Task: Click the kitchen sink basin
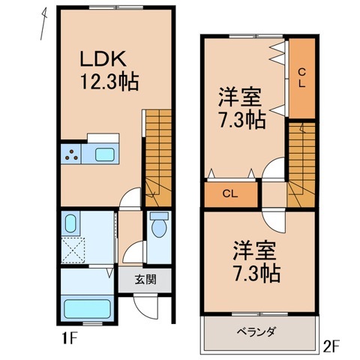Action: click(104, 156)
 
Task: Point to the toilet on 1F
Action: click(158, 228)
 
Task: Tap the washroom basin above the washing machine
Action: click(71, 224)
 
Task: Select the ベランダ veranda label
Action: click(257, 331)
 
